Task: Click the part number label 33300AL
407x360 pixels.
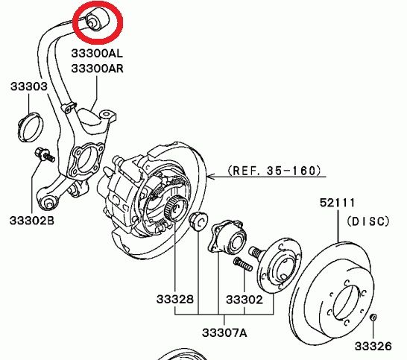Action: click(x=97, y=54)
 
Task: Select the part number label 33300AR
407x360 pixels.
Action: click(x=98, y=69)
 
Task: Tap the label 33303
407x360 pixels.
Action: click(x=29, y=86)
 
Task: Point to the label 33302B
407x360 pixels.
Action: click(x=32, y=221)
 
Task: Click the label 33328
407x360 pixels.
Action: click(x=175, y=300)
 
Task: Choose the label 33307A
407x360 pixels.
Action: click(x=224, y=332)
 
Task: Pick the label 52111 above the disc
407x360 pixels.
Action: click(x=337, y=203)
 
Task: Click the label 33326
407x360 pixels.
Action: click(x=373, y=346)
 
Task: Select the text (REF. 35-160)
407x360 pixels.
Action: click(x=274, y=171)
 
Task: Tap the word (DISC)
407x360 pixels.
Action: click(x=368, y=221)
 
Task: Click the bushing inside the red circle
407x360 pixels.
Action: click(x=97, y=19)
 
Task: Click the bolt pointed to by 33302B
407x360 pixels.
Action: click(x=44, y=154)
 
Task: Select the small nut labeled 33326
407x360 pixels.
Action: click(x=373, y=317)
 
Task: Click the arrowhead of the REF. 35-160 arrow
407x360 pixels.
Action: click(x=211, y=177)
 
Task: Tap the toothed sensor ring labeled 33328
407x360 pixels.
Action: click(x=175, y=208)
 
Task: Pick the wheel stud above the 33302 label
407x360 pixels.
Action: click(x=243, y=265)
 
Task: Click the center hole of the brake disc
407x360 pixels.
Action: click(x=346, y=303)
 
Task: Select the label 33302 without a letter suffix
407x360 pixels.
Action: click(x=244, y=300)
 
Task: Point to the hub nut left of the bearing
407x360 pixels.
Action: click(x=198, y=221)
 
